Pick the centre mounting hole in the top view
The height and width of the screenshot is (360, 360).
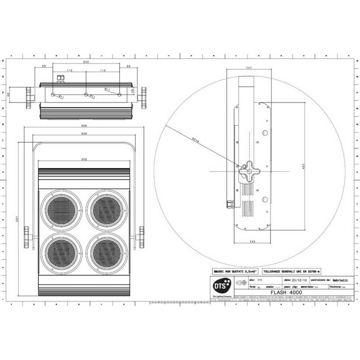(x=85, y=94)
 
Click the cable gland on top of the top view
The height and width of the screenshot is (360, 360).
(x=60, y=80)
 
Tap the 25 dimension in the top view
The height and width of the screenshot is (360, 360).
(x=132, y=90)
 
